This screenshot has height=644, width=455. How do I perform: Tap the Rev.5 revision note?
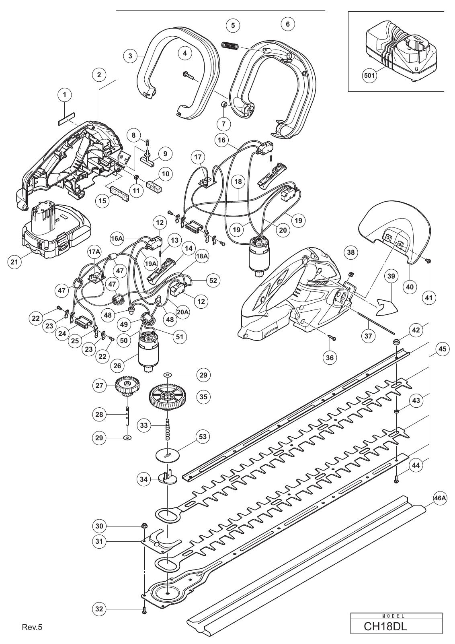[x=32, y=633]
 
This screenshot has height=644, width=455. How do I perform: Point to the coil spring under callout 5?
[x=230, y=45]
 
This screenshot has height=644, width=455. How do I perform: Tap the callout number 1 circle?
[x=65, y=95]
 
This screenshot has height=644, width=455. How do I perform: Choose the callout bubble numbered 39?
[x=391, y=276]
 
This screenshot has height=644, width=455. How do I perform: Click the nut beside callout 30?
[x=144, y=526]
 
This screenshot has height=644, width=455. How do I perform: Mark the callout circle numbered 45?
[x=443, y=349]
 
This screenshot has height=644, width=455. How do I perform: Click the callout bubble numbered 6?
[x=288, y=24]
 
